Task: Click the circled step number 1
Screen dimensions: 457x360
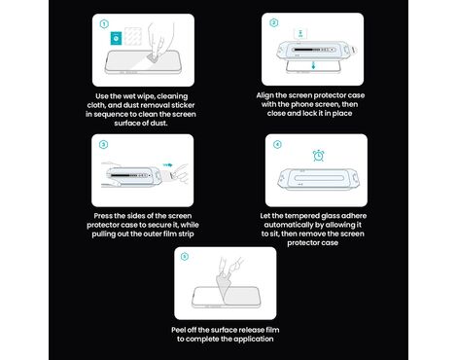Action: (x=104, y=24)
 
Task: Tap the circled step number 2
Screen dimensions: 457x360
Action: (x=273, y=22)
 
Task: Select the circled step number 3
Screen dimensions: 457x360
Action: (x=103, y=144)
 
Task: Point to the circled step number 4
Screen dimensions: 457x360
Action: (x=277, y=144)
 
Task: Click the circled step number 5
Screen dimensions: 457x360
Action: (x=185, y=257)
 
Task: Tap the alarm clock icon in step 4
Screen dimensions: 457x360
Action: (x=318, y=156)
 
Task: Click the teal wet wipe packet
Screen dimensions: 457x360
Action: (x=116, y=38)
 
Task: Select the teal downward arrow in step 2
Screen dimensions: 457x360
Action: (x=313, y=66)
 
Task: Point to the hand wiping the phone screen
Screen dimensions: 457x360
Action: (x=159, y=41)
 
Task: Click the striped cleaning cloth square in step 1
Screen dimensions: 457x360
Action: (x=133, y=36)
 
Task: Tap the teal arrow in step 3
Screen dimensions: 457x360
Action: (x=167, y=165)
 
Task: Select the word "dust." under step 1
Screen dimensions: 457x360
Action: (x=158, y=124)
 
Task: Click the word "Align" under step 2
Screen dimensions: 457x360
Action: (x=264, y=95)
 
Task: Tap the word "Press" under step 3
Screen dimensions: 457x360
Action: (x=103, y=216)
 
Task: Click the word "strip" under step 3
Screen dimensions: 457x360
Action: (x=186, y=234)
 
